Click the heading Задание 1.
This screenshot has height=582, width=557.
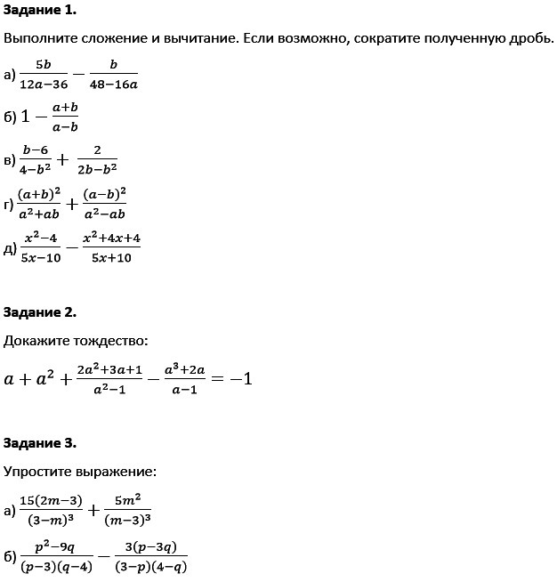click(x=40, y=11)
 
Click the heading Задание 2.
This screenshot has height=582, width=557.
click(x=40, y=311)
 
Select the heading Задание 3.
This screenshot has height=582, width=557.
click(x=40, y=442)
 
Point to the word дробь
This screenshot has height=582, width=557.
click(x=529, y=39)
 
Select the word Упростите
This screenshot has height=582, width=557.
click(x=41, y=471)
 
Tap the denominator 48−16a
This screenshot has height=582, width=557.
click(x=114, y=85)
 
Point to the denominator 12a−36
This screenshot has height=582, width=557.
click(x=44, y=85)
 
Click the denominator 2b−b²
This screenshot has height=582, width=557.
click(x=97, y=167)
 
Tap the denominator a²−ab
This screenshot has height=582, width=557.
click(x=104, y=214)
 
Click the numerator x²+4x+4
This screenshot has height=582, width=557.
click(x=111, y=238)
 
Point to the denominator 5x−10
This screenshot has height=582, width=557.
click(x=41, y=257)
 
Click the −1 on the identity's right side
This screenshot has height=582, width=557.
click(x=240, y=378)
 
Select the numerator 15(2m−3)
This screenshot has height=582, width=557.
click(x=52, y=500)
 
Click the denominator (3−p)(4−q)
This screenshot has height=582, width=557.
click(x=149, y=567)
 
